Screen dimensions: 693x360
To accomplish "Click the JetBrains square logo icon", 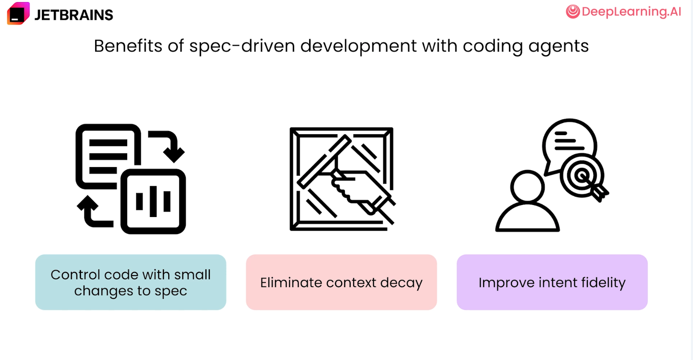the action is coord(18,13).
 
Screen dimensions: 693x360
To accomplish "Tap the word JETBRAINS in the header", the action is coord(74,15).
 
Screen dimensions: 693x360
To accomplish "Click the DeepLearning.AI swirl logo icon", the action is coord(573,12).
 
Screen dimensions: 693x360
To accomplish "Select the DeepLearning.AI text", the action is coord(632,12).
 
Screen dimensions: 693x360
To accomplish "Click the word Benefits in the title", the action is coord(128,46).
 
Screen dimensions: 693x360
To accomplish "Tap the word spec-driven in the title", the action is coord(242,47).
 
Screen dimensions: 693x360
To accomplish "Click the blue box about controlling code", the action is coord(130,282).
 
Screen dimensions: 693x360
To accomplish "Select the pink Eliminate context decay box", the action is coord(341,282).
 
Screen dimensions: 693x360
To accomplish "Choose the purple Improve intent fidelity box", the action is coord(552,282).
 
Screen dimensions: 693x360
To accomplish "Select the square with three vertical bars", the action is coord(153,202).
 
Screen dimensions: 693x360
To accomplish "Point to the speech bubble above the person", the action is coord(569,146).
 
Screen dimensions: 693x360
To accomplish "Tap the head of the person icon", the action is coord(527,187).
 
